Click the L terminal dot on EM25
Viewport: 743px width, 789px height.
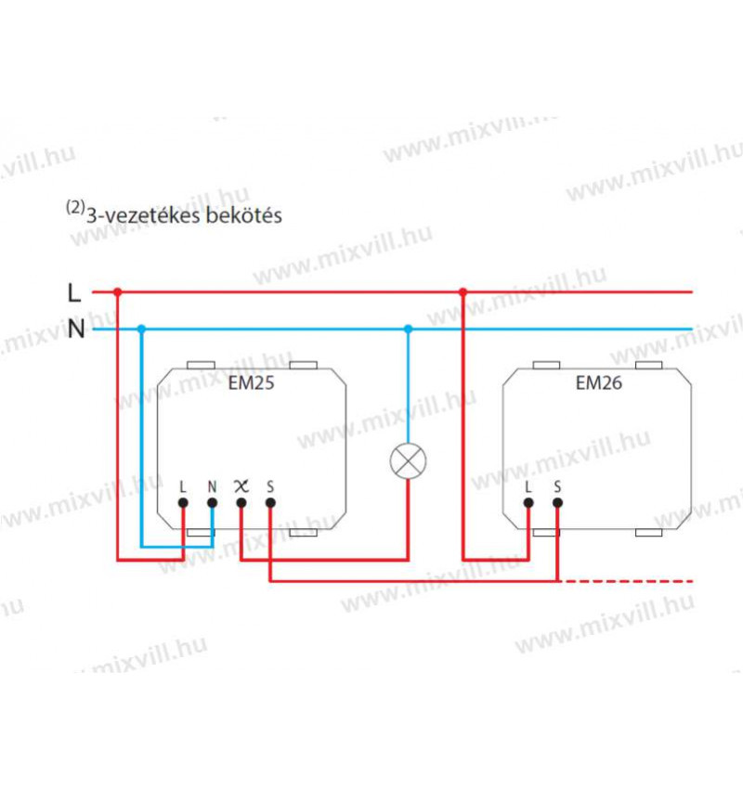[x=183, y=502]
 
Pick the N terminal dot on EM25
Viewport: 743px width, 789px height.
[x=212, y=502]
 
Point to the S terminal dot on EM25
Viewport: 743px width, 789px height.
[x=270, y=502]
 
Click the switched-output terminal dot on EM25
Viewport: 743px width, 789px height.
[x=241, y=502]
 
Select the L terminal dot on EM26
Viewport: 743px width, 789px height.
[x=528, y=502]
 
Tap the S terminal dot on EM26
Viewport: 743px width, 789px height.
[x=557, y=502]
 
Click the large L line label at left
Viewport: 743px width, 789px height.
[x=74, y=292]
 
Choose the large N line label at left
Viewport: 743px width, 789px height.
[x=75, y=329]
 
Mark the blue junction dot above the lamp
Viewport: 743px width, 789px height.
[x=408, y=329]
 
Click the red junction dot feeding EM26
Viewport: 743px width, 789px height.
[x=463, y=291]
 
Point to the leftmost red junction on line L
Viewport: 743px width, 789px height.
[x=117, y=291]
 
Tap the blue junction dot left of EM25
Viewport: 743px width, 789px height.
[x=141, y=329]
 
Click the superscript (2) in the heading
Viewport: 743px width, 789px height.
[x=74, y=209]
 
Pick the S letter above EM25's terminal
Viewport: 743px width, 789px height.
[x=270, y=485]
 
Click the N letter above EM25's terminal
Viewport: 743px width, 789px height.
[x=212, y=485]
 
